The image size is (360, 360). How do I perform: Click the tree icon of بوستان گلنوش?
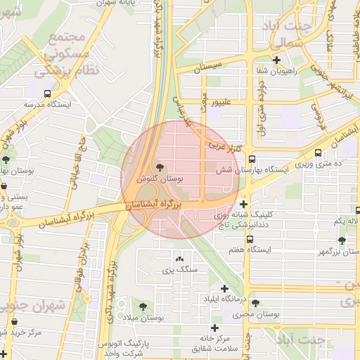pos(160,167)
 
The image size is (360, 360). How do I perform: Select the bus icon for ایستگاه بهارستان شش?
pos(252,160)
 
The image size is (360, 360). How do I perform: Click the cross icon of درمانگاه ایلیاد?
pos(224,288)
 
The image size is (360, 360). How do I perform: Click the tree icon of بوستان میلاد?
pos(143,307)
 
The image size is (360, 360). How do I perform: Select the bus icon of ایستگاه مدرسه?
pos(47,93)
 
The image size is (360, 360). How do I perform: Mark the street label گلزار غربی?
pos(225,148)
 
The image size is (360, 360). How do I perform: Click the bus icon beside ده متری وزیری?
pos(319,152)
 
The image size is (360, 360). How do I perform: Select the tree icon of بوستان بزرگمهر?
pos(342,240)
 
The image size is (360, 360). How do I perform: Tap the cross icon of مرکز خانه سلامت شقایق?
pos(214,328)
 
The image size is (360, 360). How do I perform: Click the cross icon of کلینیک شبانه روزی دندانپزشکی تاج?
pos(243,204)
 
